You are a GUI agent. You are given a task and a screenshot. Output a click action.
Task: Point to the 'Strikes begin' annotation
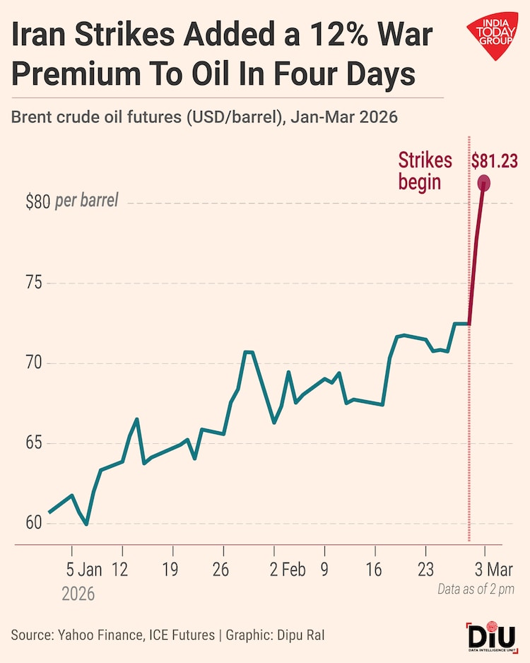(x=425, y=170)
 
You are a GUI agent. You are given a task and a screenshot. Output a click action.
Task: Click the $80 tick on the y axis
(x=37, y=202)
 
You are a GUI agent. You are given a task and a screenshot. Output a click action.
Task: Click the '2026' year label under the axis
(x=78, y=594)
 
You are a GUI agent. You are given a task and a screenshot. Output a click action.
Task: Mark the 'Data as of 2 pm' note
(x=475, y=588)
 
